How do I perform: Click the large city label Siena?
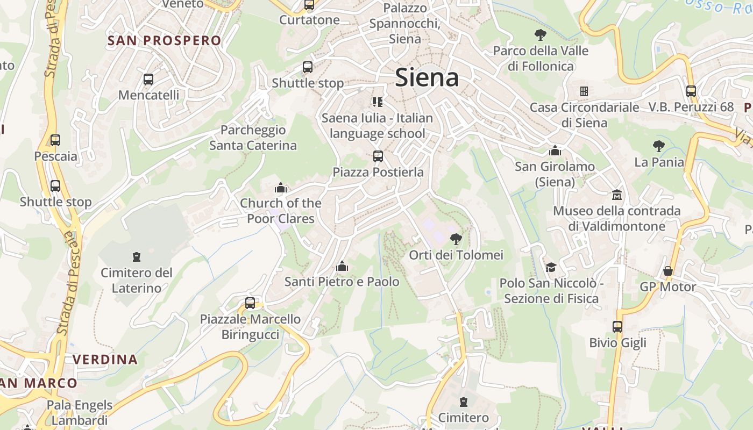tap(427, 77)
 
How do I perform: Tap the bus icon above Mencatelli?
tap(148, 80)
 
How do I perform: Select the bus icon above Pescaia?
tap(55, 140)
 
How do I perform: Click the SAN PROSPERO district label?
tap(164, 40)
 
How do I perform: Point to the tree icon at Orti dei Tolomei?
tap(456, 239)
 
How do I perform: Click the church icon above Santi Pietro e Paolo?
tap(342, 266)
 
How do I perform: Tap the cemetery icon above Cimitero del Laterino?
tap(137, 257)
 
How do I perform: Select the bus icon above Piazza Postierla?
tap(378, 156)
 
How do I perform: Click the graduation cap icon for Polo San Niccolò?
tap(551, 267)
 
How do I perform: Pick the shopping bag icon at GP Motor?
tap(667, 271)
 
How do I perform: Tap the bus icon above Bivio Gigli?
tap(617, 326)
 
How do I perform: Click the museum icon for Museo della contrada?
tap(616, 194)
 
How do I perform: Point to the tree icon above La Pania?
tap(658, 146)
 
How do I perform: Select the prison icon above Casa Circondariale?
tap(584, 91)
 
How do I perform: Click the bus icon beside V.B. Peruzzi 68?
tap(691, 91)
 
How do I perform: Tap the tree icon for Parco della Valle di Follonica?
tap(541, 35)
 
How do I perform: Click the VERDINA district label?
tap(105, 359)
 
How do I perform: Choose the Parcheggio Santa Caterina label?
tap(253, 138)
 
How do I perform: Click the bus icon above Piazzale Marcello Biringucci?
tap(250, 303)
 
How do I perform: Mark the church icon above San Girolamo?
tap(555, 150)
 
